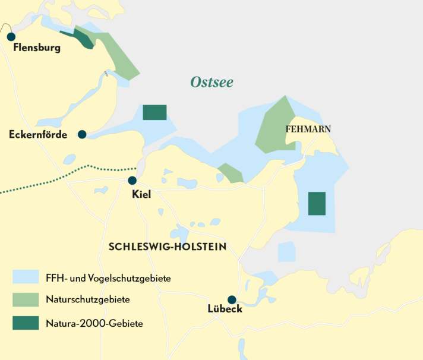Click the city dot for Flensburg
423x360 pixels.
[x=11, y=37]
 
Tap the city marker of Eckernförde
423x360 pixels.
[x=82, y=134]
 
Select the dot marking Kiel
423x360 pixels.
[x=132, y=181]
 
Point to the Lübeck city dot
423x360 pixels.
[x=232, y=300]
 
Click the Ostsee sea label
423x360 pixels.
[x=211, y=83]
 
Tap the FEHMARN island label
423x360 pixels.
[x=308, y=129]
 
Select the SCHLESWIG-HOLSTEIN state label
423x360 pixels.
[x=168, y=247]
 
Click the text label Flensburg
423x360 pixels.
[x=37, y=48]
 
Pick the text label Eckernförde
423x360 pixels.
[x=38, y=135]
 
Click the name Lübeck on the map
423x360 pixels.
[x=225, y=310]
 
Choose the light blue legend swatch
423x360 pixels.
[x=26, y=277]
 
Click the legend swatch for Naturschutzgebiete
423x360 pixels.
[x=26, y=299]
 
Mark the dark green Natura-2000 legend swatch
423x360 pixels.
[x=26, y=323]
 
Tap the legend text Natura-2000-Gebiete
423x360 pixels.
[x=94, y=323]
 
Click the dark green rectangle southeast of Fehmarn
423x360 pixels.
[x=317, y=203]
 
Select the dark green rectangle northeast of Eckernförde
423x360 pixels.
[x=154, y=112]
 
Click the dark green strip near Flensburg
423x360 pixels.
[x=80, y=39]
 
